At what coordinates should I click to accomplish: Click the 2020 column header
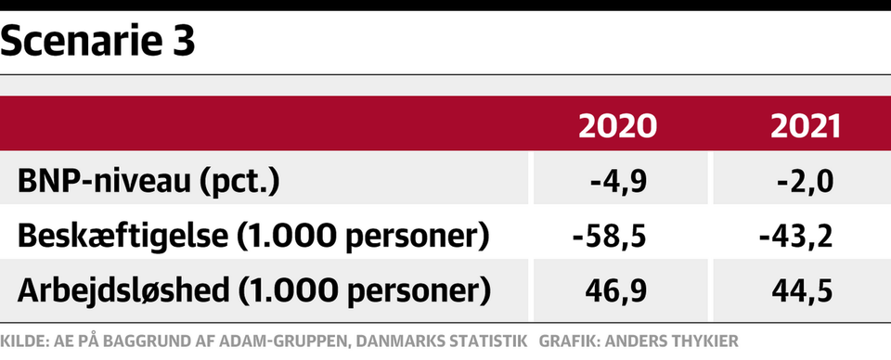coord(618,126)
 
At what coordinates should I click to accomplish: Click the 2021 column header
coord(806,126)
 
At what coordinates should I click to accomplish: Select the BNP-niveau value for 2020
coord(618,183)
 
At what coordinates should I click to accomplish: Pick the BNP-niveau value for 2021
coord(805,183)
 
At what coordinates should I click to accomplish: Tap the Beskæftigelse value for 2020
coord(610,237)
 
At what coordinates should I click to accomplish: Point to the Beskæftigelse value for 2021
coord(796,237)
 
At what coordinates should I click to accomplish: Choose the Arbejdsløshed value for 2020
coord(616,291)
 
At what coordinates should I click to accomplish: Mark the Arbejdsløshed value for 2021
coord(802,291)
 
